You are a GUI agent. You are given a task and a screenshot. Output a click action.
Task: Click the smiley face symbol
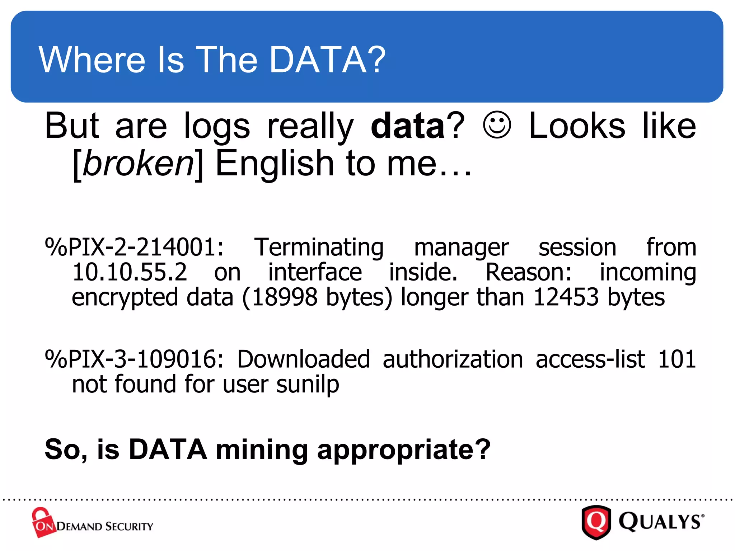pyautogui.click(x=497, y=125)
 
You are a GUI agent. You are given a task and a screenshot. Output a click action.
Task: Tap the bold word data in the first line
pyautogui.click(x=408, y=126)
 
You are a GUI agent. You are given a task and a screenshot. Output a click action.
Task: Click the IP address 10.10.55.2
pyautogui.click(x=130, y=272)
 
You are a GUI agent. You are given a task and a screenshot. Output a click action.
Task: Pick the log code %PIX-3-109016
pyautogui.click(x=134, y=359)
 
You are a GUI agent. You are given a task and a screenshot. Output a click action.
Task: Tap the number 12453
pyautogui.click(x=566, y=297)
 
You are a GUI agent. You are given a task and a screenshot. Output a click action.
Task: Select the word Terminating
pyautogui.click(x=319, y=248)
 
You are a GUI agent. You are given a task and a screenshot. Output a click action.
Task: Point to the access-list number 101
pyautogui.click(x=677, y=359)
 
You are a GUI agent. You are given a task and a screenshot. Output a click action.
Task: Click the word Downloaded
pyautogui.click(x=303, y=359)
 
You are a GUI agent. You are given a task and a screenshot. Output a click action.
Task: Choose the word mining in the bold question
pyautogui.click(x=262, y=450)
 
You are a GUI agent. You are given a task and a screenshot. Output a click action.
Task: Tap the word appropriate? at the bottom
pyautogui.click(x=404, y=450)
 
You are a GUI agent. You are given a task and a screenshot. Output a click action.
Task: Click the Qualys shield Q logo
pyautogui.click(x=596, y=522)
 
